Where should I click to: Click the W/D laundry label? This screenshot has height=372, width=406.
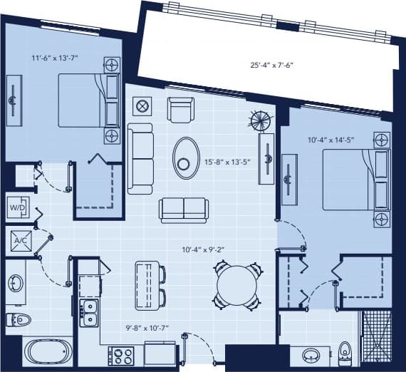(x=16, y=207)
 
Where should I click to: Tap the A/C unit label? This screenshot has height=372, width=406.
(x=16, y=240)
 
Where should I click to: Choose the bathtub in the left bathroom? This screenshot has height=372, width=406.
(x=47, y=352)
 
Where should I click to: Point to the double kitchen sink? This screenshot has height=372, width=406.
(x=90, y=312)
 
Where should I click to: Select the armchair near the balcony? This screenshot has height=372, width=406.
(x=179, y=109)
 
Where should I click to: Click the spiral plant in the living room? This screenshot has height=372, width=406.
(x=261, y=120)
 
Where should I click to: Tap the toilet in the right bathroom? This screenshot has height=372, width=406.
(x=345, y=351)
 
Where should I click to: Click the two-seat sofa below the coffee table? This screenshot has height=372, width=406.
(x=183, y=209)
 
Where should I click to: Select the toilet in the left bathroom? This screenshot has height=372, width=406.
(x=16, y=318)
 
